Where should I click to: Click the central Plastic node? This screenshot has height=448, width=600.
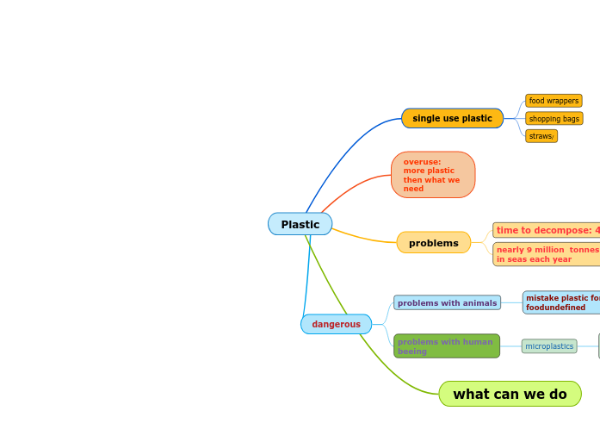300,224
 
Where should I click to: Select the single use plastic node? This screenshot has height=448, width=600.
452,118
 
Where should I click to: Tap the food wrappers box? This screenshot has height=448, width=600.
554,101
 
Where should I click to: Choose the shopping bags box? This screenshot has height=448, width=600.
554,119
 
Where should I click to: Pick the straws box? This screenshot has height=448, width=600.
541,136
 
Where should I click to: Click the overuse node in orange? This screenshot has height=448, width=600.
432,175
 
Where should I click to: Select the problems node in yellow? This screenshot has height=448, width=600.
433,243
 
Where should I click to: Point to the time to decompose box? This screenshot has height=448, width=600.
547,230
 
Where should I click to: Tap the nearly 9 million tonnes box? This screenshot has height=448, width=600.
547,254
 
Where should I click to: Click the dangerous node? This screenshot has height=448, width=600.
336,324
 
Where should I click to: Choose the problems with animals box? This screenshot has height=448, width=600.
447,302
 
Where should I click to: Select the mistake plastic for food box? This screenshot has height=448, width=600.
561,302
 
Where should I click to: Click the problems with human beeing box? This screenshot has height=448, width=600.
446,346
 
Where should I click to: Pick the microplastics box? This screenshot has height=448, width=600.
549,346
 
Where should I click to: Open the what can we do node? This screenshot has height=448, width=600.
510,394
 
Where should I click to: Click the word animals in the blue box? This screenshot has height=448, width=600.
480,302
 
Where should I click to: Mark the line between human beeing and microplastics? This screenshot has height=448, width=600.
510,346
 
